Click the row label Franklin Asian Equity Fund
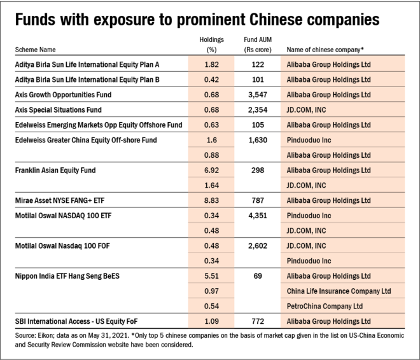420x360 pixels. [55, 170]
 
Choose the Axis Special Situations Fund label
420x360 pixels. [59, 109]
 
